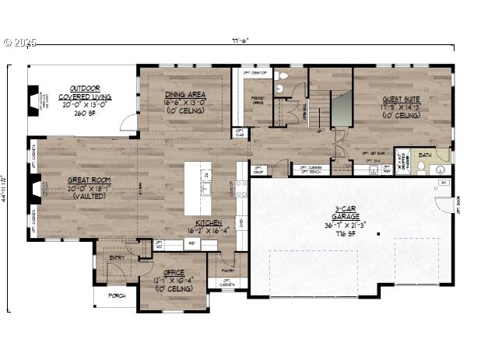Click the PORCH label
(x=117, y=295)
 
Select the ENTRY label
(x=117, y=257)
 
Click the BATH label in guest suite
(x=424, y=155)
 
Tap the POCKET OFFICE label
(x=258, y=100)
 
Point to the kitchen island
(x=205, y=189)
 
